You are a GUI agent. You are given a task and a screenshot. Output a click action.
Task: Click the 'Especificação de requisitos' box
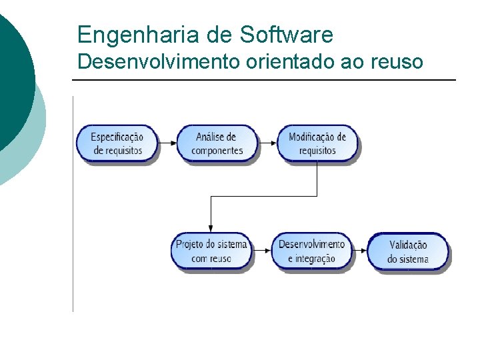pyautogui.click(x=117, y=143)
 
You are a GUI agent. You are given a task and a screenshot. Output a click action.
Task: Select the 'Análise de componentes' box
pyautogui.click(x=216, y=143)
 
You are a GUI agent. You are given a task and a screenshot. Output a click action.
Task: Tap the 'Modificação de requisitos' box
pyautogui.click(x=317, y=143)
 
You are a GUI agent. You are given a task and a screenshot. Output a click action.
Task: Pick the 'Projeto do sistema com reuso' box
pyautogui.click(x=211, y=251)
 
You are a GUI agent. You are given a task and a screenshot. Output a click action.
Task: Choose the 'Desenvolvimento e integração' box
pyautogui.click(x=311, y=251)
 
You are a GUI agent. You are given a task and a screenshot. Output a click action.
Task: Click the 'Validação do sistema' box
pyautogui.click(x=408, y=252)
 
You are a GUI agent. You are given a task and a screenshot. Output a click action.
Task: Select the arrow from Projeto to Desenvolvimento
pyautogui.click(x=262, y=251)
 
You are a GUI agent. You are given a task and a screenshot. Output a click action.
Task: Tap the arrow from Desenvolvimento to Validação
pyautogui.click(x=360, y=251)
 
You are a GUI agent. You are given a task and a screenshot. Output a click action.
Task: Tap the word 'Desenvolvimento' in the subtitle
pyautogui.click(x=159, y=62)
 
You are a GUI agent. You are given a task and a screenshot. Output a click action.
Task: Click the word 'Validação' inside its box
pyautogui.click(x=408, y=245)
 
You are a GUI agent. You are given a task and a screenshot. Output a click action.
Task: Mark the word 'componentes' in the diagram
pyautogui.click(x=217, y=151)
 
